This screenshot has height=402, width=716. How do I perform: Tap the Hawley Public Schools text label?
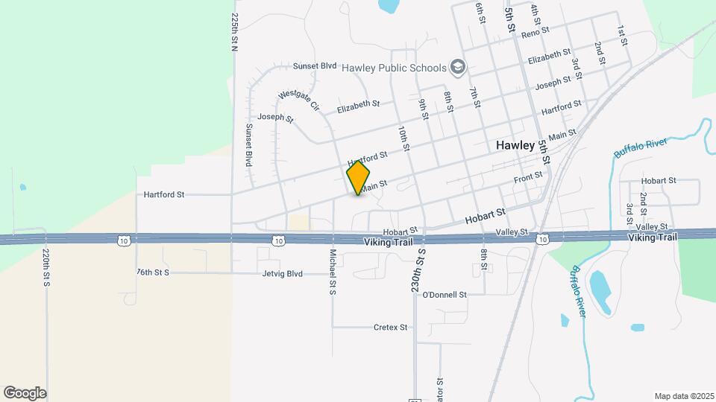click(394, 68)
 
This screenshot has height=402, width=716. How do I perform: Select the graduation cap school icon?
click(457, 68)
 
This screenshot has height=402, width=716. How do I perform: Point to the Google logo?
click(25, 392)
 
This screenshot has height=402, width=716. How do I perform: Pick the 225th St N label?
click(235, 31)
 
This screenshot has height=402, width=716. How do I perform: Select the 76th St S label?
click(153, 273)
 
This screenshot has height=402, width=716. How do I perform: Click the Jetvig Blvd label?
click(283, 273)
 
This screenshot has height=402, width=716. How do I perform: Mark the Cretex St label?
click(390, 327)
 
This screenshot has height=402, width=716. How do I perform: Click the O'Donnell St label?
click(444, 295)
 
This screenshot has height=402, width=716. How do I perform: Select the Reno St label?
click(535, 32)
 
